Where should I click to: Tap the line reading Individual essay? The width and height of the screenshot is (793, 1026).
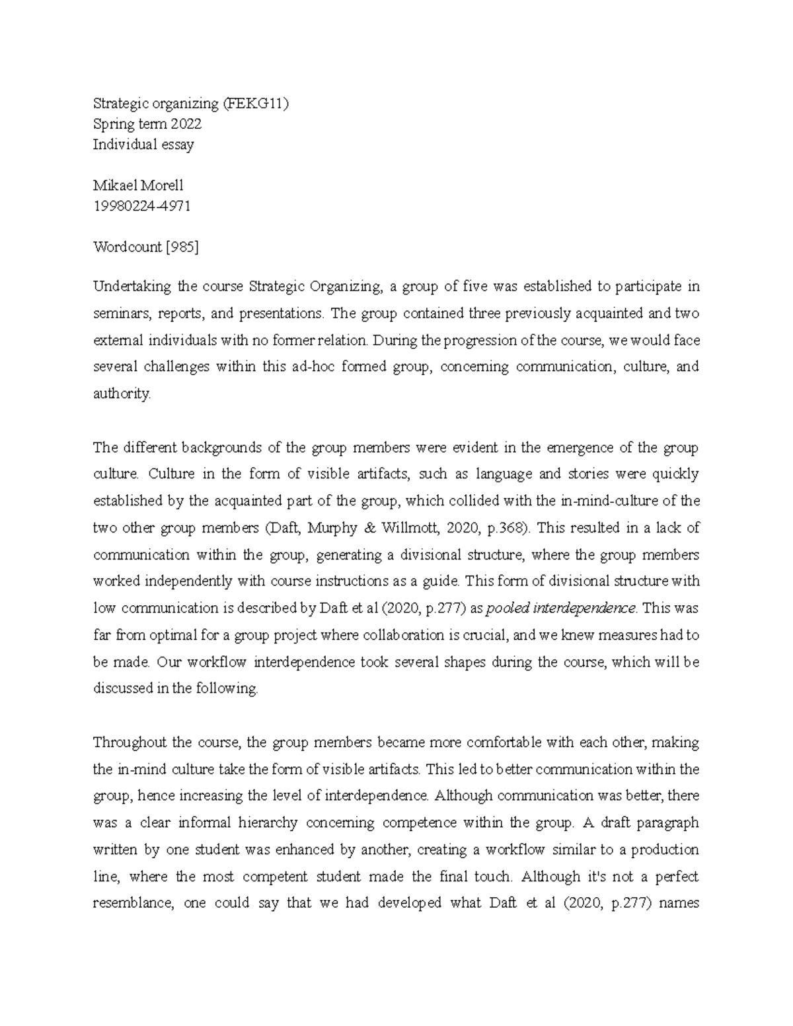[x=143, y=145]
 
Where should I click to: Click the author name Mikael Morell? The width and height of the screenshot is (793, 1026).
[x=138, y=186]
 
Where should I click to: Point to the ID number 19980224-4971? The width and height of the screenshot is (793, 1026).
[x=141, y=206]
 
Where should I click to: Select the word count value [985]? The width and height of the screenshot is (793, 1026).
[x=182, y=247]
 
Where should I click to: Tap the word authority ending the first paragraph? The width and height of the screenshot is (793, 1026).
[x=122, y=394]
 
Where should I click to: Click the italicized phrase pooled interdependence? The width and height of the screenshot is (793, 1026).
[x=561, y=608]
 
